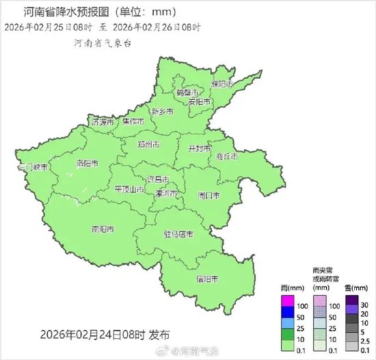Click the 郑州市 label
point(148,145)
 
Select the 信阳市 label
point(207,279)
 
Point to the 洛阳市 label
point(87,164)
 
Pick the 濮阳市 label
point(222,83)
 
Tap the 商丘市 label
point(226,157)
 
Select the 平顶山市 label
point(130,190)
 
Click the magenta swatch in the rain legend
point(288,300)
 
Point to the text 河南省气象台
point(102,42)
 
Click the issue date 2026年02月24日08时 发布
point(105,335)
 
